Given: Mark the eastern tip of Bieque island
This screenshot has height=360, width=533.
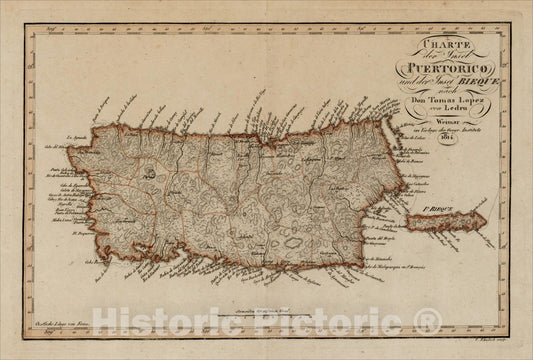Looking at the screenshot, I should (x=486, y=218).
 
